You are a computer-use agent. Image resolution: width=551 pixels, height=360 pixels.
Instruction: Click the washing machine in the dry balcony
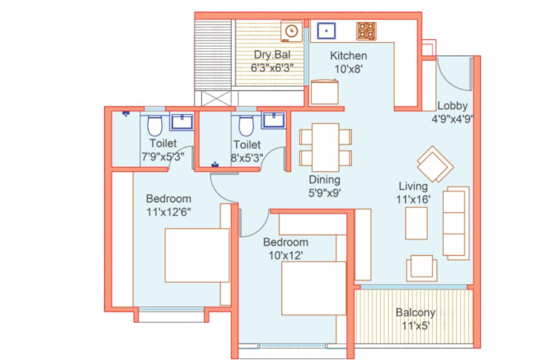click(292, 31)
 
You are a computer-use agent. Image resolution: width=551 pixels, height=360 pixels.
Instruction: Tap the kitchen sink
click(326, 31)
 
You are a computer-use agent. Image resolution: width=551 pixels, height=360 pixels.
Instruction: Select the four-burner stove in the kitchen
click(366, 31)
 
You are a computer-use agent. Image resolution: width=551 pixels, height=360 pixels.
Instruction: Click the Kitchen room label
click(348, 55)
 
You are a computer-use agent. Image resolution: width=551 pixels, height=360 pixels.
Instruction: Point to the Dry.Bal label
click(272, 55)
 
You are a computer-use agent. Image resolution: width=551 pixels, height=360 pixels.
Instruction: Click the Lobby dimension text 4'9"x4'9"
click(453, 119)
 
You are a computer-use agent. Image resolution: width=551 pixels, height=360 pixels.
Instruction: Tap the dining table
click(325, 147)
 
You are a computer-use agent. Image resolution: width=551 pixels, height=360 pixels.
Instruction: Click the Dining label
click(324, 180)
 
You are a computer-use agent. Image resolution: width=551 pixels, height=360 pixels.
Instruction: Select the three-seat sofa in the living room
click(456, 223)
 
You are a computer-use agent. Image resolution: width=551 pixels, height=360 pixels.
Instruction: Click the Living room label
click(413, 186)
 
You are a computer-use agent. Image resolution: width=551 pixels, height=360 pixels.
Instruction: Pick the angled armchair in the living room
click(435, 164)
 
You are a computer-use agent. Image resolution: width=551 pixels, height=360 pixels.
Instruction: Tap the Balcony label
click(415, 312)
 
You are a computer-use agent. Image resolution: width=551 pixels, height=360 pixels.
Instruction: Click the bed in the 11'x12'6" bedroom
click(197, 255)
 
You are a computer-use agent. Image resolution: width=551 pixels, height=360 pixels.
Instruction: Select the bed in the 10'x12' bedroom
click(314, 288)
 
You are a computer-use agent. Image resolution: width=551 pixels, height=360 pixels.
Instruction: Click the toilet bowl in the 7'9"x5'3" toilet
click(155, 126)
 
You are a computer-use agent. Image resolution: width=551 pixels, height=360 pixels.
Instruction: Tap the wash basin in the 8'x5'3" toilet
click(273, 120)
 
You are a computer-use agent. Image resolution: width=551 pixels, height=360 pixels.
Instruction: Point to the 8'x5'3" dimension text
click(246, 158)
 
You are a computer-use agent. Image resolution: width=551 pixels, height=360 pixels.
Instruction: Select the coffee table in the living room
click(416, 223)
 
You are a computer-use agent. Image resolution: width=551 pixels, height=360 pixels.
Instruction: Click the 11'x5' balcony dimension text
click(415, 325)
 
